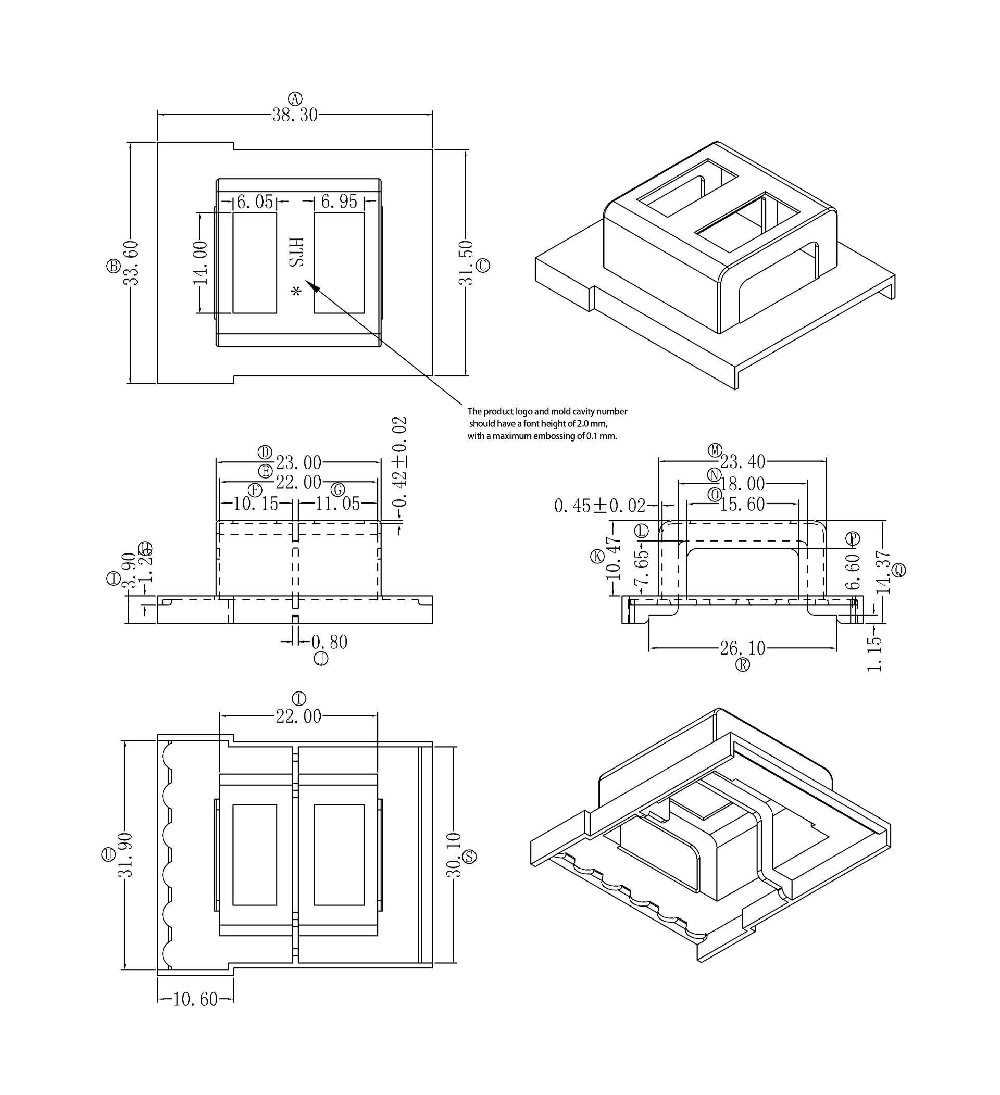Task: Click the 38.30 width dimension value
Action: (295, 115)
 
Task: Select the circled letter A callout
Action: (295, 99)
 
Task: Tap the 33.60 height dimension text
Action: (131, 263)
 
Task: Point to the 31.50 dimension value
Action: (466, 263)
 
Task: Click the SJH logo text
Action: (296, 252)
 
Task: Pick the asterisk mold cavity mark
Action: (296, 292)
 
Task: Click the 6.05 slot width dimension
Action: (255, 202)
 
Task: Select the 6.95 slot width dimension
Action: (339, 202)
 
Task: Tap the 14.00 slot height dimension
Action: (201, 263)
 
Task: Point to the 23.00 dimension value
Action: (298, 463)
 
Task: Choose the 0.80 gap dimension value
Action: (329, 642)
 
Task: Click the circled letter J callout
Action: (321, 659)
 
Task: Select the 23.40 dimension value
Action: (743, 462)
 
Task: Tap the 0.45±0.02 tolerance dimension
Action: (599, 506)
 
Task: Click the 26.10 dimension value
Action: (743, 648)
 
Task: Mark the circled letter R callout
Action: (743, 664)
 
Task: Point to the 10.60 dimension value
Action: (195, 999)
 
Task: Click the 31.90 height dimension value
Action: (126, 855)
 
